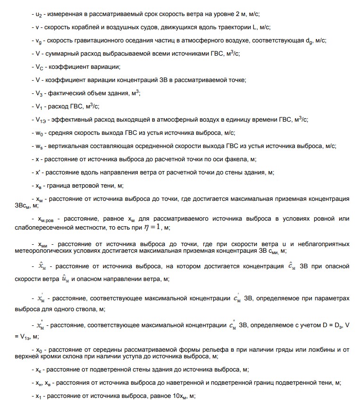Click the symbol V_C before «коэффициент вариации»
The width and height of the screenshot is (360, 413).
click(39, 67)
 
